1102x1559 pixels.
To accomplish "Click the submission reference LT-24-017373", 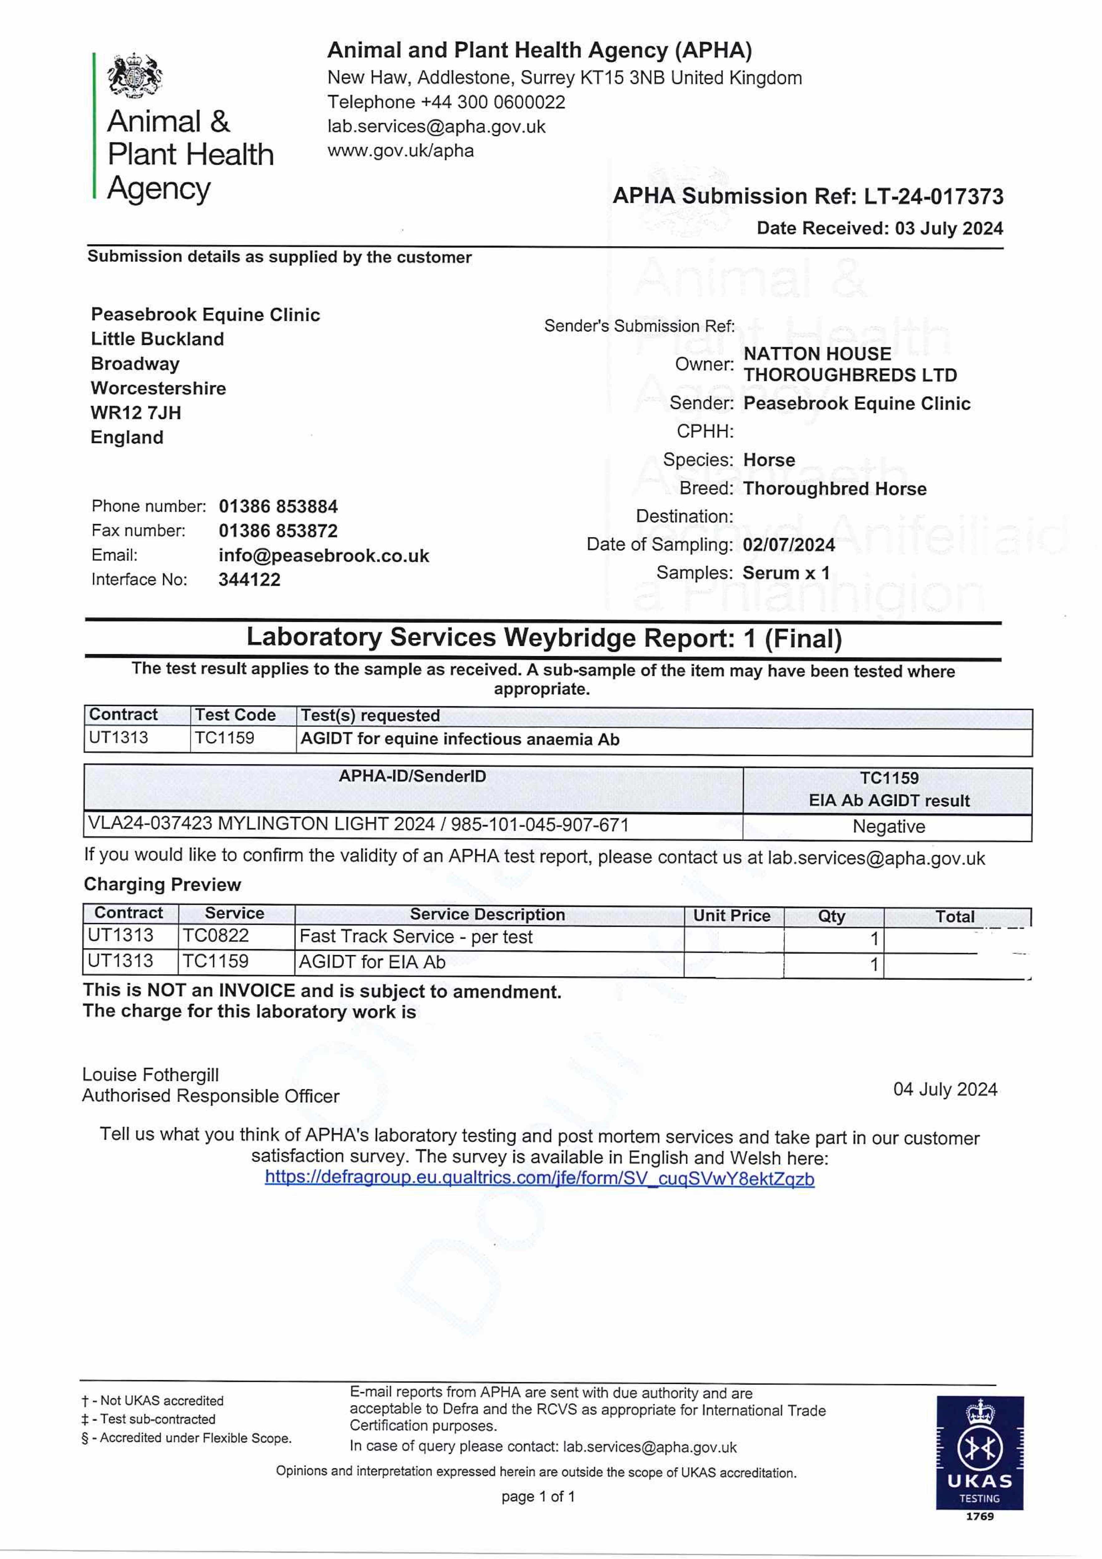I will click(933, 196).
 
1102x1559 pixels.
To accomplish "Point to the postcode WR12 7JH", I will click(136, 413).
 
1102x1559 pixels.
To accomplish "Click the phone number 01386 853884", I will click(278, 507).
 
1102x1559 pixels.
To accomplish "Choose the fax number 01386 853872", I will click(278, 531).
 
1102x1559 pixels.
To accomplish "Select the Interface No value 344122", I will click(249, 580).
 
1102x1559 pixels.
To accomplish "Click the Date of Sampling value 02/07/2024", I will click(788, 545).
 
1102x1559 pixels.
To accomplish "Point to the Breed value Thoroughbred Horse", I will click(835, 489).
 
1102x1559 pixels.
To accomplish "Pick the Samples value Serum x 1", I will click(786, 573).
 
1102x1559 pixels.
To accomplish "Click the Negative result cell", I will click(888, 826).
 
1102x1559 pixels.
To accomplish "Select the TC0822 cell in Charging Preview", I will click(216, 936).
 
